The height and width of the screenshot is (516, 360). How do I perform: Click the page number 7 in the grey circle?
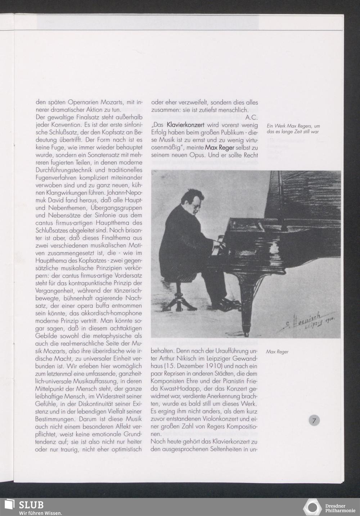click(314, 420)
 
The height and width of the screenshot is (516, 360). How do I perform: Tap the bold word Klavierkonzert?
click(185, 125)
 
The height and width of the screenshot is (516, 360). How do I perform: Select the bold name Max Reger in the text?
click(220, 148)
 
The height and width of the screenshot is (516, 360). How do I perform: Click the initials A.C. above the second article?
click(251, 117)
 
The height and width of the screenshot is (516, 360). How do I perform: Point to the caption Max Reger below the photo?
click(277, 351)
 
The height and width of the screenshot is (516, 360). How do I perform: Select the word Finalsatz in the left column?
click(94, 117)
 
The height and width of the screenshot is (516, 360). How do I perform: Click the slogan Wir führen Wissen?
click(40, 513)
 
